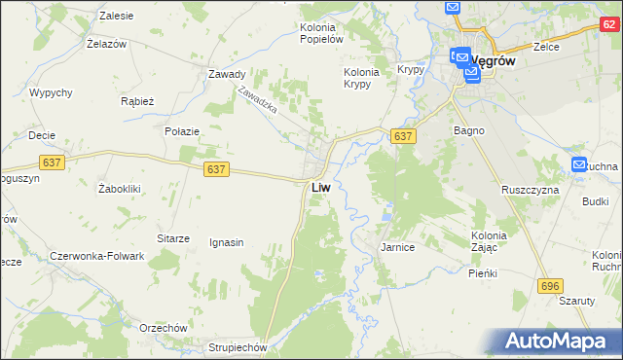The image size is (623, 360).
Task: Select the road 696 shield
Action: click(551, 284)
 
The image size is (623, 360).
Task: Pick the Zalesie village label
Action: click(117, 17)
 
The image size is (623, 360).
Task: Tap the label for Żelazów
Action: click(108, 45)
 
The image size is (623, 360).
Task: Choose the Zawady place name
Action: click(226, 74)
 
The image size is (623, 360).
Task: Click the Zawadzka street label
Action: click(258, 99)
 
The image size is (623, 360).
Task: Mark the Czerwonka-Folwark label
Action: click(96, 257)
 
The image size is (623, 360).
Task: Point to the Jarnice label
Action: click(397, 248)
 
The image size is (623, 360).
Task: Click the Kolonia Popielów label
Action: click(322, 33)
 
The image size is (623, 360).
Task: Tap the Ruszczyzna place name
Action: click(530, 190)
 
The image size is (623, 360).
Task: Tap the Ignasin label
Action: click(226, 242)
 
